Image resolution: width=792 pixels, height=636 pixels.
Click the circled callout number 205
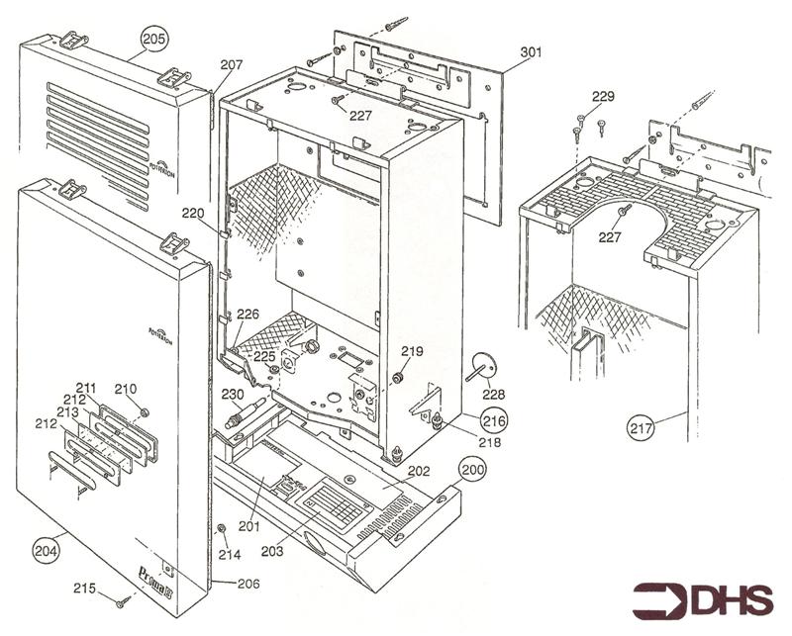[154, 39]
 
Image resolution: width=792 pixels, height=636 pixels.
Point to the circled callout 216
[494, 421]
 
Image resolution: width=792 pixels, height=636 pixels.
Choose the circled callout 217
[642, 427]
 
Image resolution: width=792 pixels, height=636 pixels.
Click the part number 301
[531, 51]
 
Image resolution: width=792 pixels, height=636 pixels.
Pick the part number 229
[603, 96]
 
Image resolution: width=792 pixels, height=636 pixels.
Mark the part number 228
[492, 393]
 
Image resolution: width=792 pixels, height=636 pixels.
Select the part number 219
[412, 351]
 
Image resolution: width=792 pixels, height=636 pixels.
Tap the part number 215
[84, 588]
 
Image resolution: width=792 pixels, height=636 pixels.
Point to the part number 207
[231, 64]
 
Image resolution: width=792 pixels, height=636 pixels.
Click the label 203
[272, 550]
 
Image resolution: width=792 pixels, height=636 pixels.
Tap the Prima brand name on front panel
[154, 572]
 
